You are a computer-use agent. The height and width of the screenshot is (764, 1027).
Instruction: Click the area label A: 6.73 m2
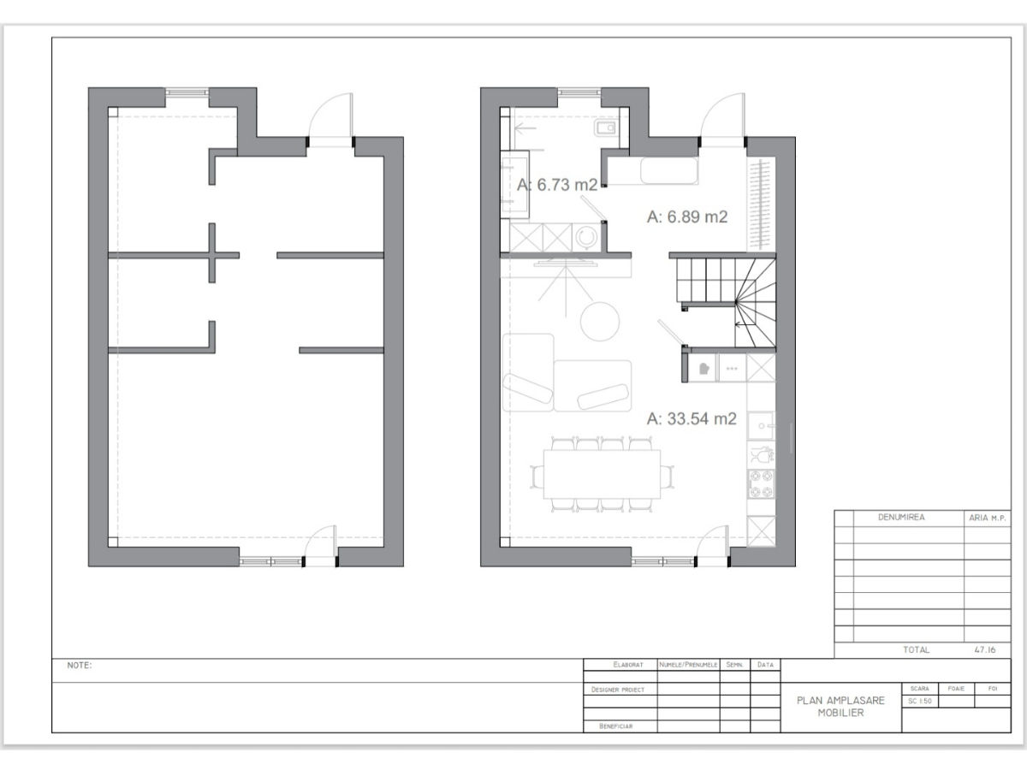point(557,185)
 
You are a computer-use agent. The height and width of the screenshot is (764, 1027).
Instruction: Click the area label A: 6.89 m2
point(687,216)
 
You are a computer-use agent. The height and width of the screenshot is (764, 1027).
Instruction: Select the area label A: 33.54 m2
point(692,418)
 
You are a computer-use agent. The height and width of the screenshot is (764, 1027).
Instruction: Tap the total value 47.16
point(985,649)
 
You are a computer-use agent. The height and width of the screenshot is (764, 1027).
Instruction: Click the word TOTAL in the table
point(916,649)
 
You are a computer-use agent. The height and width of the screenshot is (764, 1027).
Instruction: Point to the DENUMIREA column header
point(901,518)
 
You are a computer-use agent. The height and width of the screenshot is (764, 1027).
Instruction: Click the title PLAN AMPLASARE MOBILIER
point(840,707)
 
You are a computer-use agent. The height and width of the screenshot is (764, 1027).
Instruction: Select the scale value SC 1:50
point(919,701)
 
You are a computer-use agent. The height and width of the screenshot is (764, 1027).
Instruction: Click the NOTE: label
point(80,666)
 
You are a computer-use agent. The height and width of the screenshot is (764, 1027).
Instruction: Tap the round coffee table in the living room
point(600,322)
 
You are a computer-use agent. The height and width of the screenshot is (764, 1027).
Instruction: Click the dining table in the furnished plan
point(602,474)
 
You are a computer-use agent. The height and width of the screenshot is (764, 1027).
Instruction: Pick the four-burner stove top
point(761,484)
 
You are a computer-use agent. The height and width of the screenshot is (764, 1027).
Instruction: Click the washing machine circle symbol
point(586,237)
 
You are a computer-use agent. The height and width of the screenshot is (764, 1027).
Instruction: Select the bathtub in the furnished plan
point(669,171)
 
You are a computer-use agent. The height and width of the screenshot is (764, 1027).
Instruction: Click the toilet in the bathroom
point(605,127)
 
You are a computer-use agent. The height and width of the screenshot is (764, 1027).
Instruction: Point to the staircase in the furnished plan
point(726,303)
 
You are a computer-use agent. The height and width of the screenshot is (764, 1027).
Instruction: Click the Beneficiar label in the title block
point(616,726)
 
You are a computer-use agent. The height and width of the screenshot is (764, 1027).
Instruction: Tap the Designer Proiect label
point(618,690)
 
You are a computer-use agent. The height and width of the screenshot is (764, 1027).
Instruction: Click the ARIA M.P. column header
point(988,518)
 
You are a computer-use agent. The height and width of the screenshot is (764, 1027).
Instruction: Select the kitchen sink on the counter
point(761,425)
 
